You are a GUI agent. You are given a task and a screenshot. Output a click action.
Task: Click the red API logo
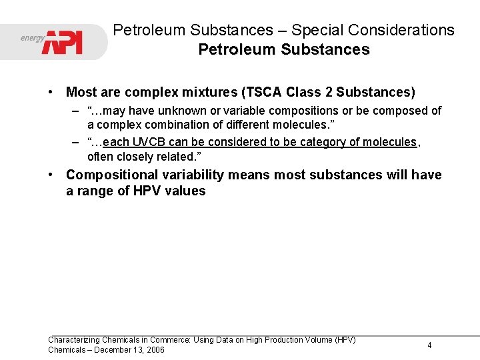pyautogui.click(x=63, y=41)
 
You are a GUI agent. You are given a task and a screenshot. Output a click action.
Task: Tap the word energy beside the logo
pyautogui.click(x=32, y=37)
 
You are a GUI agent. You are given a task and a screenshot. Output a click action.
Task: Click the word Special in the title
pyautogui.click(x=317, y=30)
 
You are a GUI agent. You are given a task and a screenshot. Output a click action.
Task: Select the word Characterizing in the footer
pyautogui.click(x=73, y=340)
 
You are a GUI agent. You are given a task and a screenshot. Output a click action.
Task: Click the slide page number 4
pyautogui.click(x=429, y=345)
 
